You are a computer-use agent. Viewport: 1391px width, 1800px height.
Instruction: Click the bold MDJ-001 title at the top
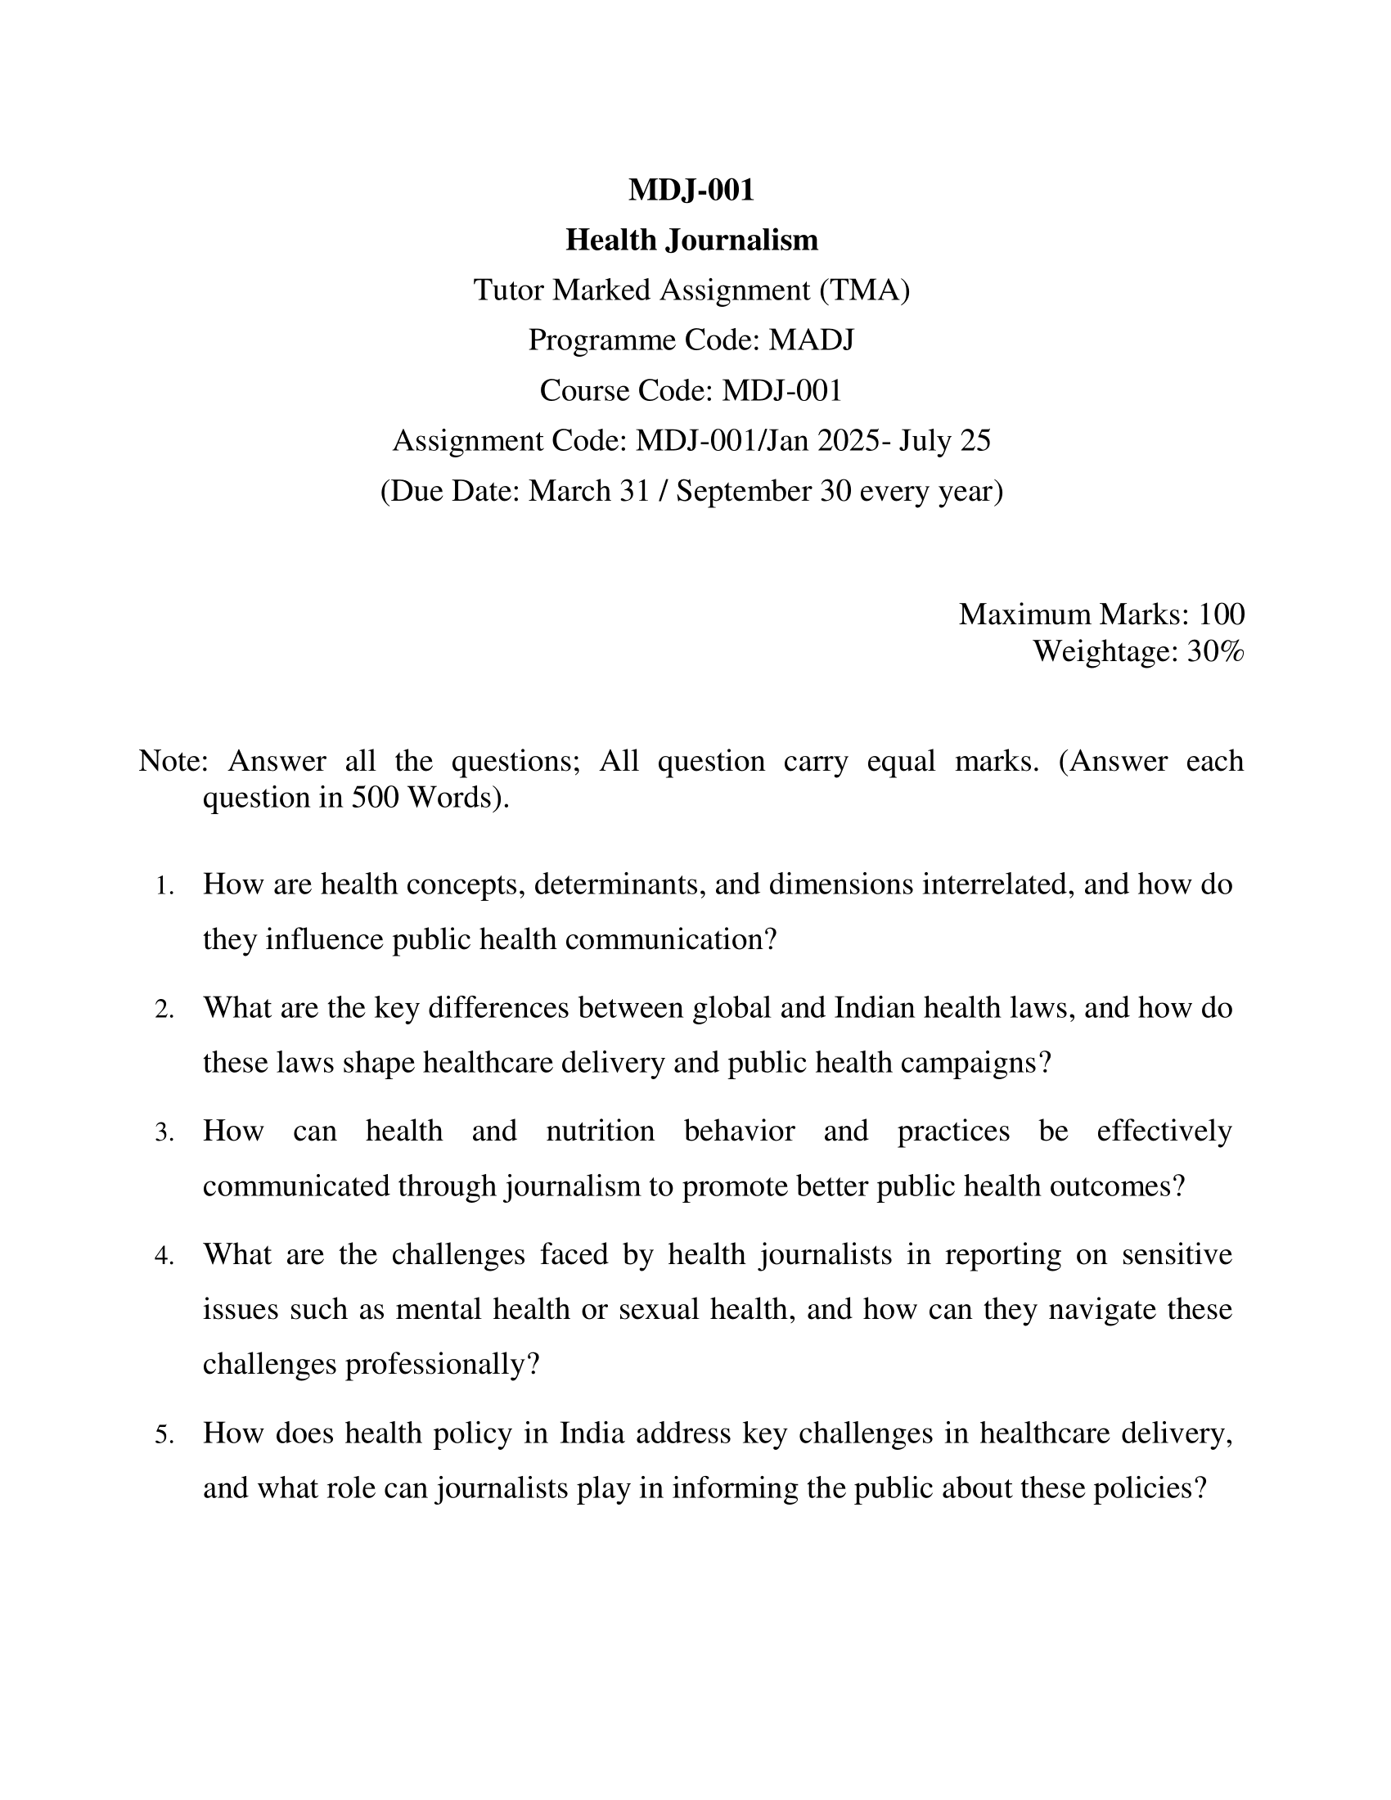(691, 191)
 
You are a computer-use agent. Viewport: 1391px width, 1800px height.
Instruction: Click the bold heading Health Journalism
(691, 241)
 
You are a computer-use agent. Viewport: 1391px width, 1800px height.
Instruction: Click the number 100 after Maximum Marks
(1222, 614)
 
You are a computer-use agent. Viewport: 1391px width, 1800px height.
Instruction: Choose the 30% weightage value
(1215, 652)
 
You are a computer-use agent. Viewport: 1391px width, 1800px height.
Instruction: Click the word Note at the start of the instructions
(170, 761)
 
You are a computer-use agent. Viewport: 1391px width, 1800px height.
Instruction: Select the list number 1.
(164, 887)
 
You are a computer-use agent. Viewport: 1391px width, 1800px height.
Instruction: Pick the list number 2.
(164, 1010)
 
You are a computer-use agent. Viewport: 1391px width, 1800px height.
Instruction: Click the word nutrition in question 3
(600, 1131)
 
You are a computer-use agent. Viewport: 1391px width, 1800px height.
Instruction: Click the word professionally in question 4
(442, 1365)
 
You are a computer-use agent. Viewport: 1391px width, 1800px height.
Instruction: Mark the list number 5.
(164, 1436)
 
